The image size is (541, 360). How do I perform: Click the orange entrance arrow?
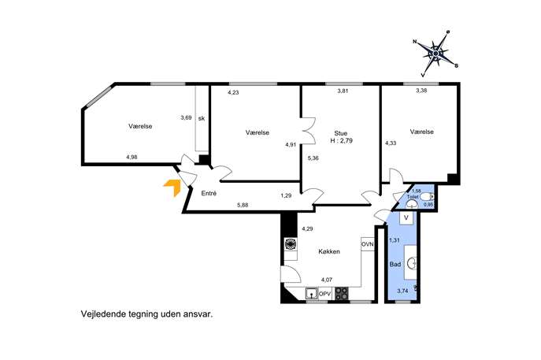(x=173, y=187)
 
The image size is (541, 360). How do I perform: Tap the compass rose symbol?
(x=435, y=54)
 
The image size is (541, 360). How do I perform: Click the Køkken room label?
(x=329, y=251)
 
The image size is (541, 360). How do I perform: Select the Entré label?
(x=209, y=193)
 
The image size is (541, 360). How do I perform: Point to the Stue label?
(x=340, y=133)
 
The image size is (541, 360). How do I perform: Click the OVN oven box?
(x=368, y=244)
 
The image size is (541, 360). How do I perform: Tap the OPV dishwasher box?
(x=324, y=294)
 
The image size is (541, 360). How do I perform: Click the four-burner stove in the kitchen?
(x=342, y=294)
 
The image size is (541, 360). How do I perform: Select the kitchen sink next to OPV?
(x=312, y=294)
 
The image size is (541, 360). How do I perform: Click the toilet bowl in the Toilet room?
(x=427, y=197)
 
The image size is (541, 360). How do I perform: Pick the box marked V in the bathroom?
(x=406, y=217)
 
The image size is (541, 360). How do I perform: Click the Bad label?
(x=395, y=264)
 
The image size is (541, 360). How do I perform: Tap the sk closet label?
(x=202, y=118)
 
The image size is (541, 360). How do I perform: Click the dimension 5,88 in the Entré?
(x=243, y=205)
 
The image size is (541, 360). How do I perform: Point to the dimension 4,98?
(x=132, y=157)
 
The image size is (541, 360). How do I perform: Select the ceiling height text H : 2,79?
(x=341, y=141)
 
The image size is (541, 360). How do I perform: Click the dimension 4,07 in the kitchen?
(x=327, y=280)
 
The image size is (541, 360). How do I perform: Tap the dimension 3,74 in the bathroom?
(x=402, y=291)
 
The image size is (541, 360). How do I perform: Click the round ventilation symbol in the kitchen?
(x=290, y=244)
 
